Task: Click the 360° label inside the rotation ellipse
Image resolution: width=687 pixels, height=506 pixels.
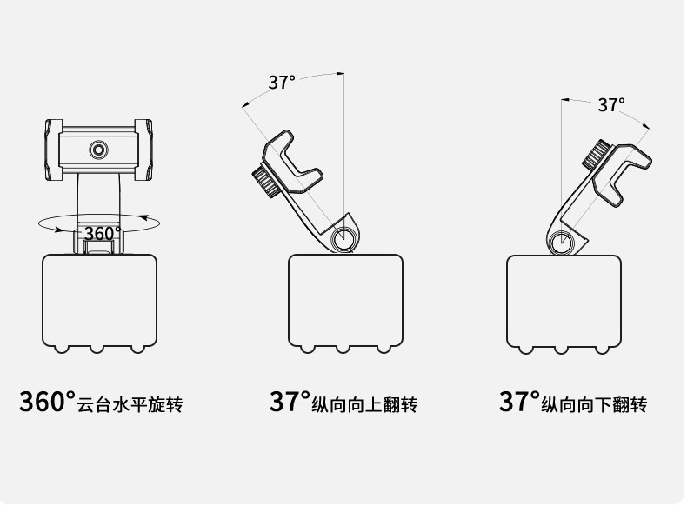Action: [102, 233]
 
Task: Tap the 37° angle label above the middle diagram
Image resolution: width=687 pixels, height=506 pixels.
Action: [281, 83]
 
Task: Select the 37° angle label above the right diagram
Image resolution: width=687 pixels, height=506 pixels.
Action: [610, 105]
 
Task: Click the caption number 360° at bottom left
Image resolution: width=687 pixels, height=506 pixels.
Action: [47, 403]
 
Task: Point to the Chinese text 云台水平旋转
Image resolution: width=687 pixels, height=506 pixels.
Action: [130, 405]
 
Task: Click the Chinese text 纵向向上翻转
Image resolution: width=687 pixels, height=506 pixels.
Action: [365, 405]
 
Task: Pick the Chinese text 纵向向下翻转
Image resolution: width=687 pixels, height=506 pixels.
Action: [595, 405]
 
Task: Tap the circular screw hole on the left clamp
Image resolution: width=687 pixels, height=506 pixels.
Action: [98, 150]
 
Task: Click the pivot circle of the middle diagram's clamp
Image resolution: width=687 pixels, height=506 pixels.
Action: [344, 238]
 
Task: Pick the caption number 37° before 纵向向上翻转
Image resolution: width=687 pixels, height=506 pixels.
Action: [290, 403]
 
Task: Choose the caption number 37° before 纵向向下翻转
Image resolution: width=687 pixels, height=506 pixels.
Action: [519, 403]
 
